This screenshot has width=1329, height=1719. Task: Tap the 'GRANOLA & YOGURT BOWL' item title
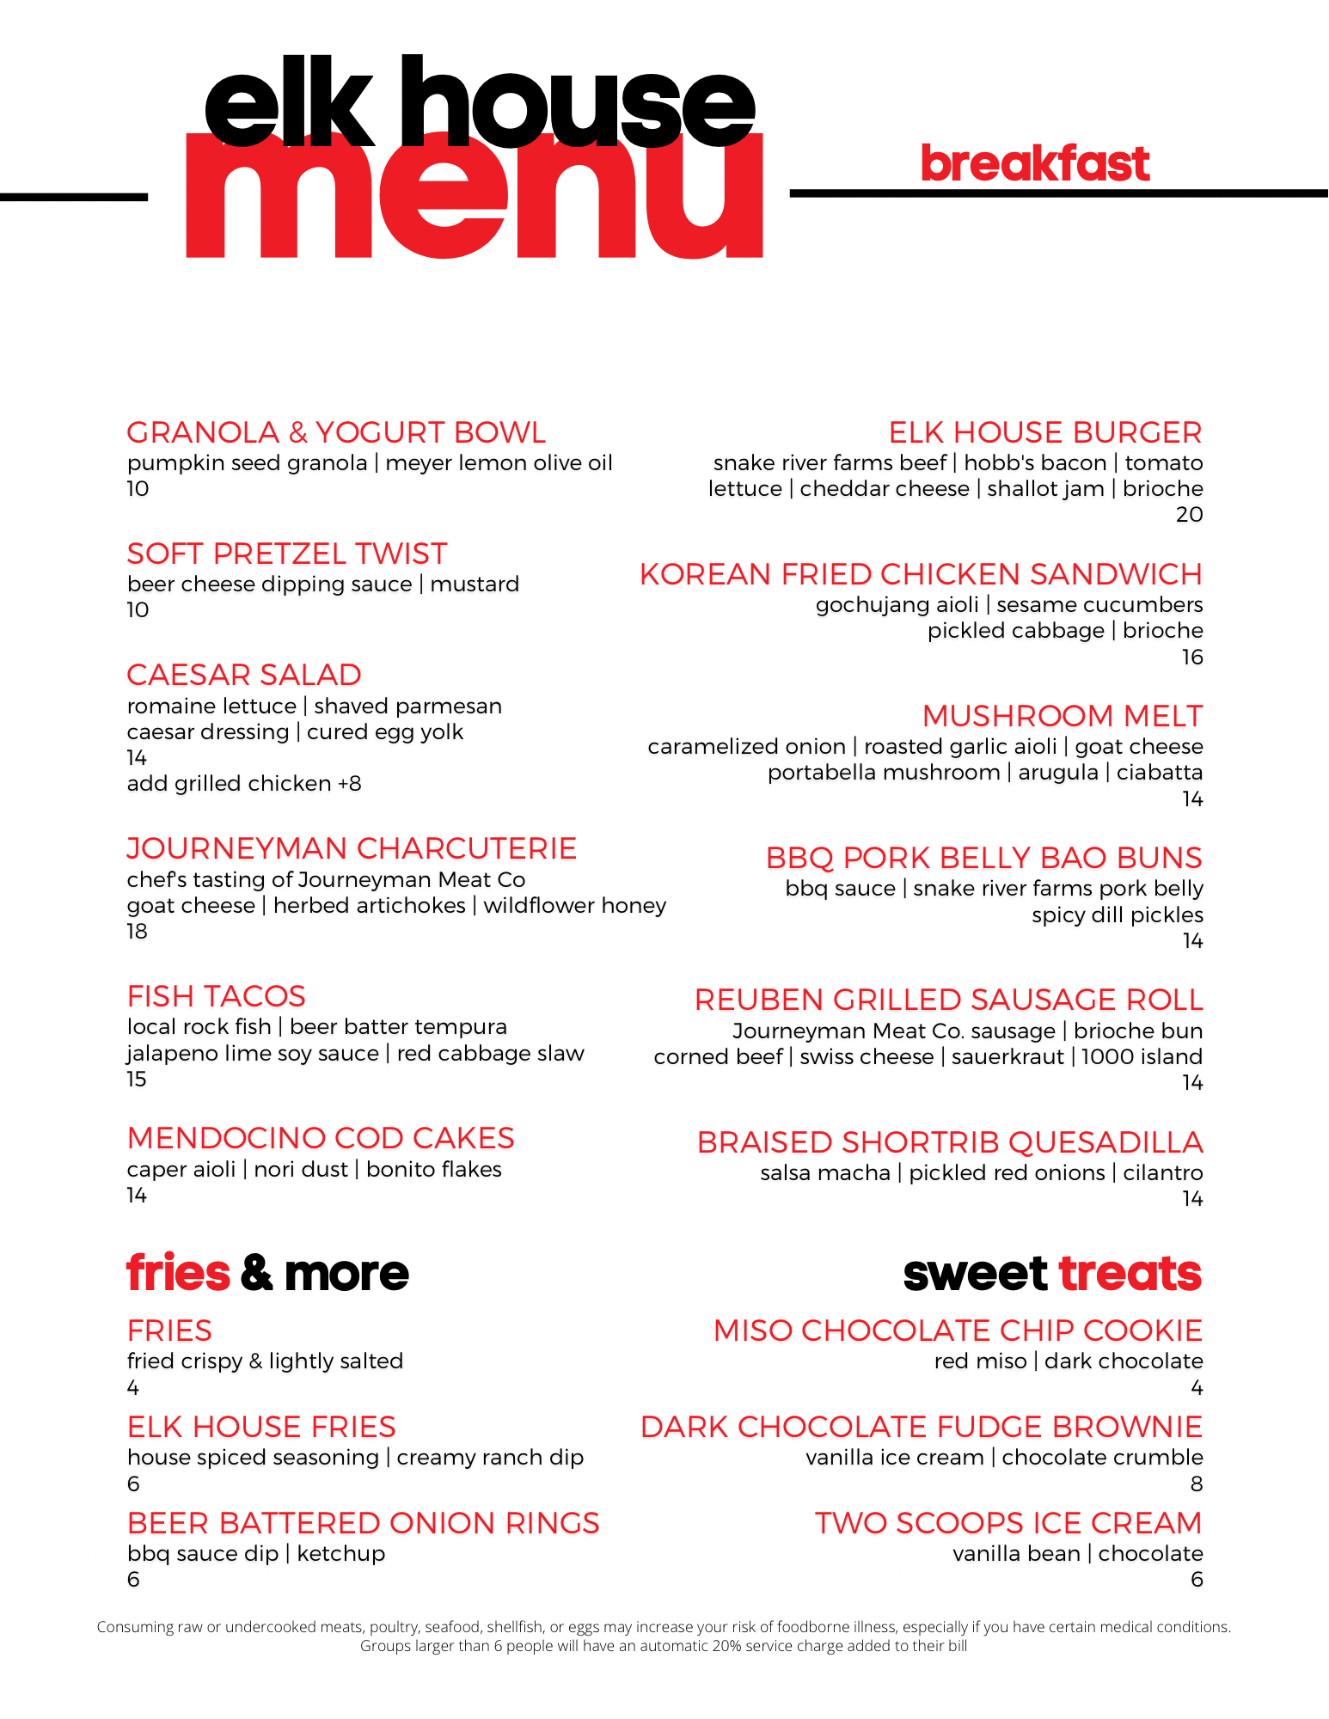pos(336,432)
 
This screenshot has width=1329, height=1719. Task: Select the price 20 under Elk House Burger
pos(1189,515)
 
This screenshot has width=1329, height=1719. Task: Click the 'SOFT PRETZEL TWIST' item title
pos(287,554)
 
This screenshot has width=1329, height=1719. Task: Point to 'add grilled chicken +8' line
pos(244,784)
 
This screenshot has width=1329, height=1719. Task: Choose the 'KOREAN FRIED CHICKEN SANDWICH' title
pos(921,574)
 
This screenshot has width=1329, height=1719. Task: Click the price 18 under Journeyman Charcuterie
pos(137,932)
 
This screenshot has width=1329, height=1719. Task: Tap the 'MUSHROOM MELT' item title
pos(1063,716)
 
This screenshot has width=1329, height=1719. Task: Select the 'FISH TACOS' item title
pos(217,996)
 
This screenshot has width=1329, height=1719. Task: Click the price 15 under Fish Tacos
pos(137,1080)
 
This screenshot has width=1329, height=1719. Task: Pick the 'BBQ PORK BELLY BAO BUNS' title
pos(983,858)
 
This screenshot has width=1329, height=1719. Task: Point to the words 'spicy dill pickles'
pos(1117,915)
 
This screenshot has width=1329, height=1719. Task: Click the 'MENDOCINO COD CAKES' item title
pos(321,1138)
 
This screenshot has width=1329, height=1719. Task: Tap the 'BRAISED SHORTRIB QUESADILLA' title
pos(950,1142)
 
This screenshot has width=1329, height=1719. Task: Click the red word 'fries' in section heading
pos(178,1273)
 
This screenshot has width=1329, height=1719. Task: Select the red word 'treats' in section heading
pos(1130,1273)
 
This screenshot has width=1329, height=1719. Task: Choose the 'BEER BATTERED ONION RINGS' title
pos(363,1523)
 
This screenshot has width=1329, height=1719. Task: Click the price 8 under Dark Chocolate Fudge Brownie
pos(1196,1484)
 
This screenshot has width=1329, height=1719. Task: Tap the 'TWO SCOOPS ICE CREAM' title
pos(1008,1523)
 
